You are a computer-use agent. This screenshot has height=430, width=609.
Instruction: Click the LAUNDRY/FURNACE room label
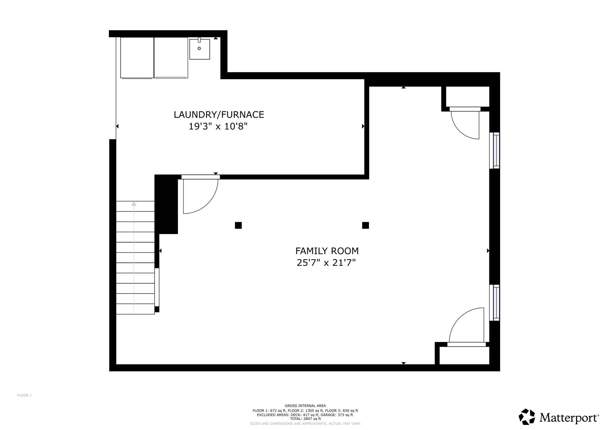point(219,115)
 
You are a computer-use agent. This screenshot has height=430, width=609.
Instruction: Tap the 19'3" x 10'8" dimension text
point(218,127)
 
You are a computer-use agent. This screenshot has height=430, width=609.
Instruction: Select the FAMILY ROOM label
point(327,251)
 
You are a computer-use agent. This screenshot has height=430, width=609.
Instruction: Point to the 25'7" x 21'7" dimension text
point(326,263)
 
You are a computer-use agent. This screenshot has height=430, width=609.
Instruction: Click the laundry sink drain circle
point(199,48)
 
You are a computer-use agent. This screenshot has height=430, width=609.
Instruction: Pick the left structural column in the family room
point(238,225)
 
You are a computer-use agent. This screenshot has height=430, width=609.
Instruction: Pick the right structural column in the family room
point(365,225)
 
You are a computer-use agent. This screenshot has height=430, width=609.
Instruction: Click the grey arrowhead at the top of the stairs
point(134,204)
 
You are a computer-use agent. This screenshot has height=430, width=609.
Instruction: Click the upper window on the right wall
point(495,151)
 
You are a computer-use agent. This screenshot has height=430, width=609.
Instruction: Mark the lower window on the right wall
point(495,303)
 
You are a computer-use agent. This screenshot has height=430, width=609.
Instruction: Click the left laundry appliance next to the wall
point(137,58)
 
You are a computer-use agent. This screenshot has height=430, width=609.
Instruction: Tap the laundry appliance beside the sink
point(171,58)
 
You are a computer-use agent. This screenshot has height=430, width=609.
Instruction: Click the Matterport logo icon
point(527,417)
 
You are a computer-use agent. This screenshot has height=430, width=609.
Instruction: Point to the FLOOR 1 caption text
point(24,395)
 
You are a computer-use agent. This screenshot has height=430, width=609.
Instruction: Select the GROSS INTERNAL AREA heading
point(305,406)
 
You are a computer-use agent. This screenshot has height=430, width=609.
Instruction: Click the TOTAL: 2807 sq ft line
point(305,419)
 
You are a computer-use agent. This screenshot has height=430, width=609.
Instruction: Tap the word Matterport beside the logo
point(568,418)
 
